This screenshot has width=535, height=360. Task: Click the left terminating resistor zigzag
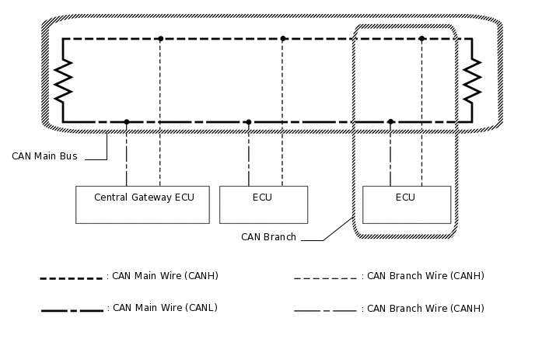(x=63, y=80)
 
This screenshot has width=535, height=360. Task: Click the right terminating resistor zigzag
(x=471, y=80)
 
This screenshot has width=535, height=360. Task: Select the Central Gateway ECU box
(x=143, y=204)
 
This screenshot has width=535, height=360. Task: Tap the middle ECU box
(x=263, y=204)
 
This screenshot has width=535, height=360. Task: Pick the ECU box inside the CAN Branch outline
(x=406, y=204)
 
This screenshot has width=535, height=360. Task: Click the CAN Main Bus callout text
(x=44, y=156)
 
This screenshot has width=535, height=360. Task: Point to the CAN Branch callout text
(x=268, y=237)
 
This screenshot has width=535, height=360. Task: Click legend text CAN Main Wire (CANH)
(x=165, y=275)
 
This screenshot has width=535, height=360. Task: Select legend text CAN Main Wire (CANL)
(x=165, y=308)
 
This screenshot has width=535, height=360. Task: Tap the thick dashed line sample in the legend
(x=72, y=278)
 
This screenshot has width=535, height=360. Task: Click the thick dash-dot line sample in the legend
(x=72, y=310)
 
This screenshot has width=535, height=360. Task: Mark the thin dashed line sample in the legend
(x=325, y=278)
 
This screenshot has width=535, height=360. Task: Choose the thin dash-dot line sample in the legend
(x=325, y=310)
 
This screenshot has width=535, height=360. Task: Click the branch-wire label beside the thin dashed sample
(x=425, y=275)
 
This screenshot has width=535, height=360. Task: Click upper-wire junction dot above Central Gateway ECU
(x=160, y=38)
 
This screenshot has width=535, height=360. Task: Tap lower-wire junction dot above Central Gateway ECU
(x=127, y=121)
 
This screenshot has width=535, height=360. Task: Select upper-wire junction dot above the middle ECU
(x=282, y=38)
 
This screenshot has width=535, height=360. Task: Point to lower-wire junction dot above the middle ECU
(x=249, y=121)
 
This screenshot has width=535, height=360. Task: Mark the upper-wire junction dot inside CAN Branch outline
(x=421, y=38)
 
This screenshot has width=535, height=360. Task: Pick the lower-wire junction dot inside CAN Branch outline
(x=390, y=121)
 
